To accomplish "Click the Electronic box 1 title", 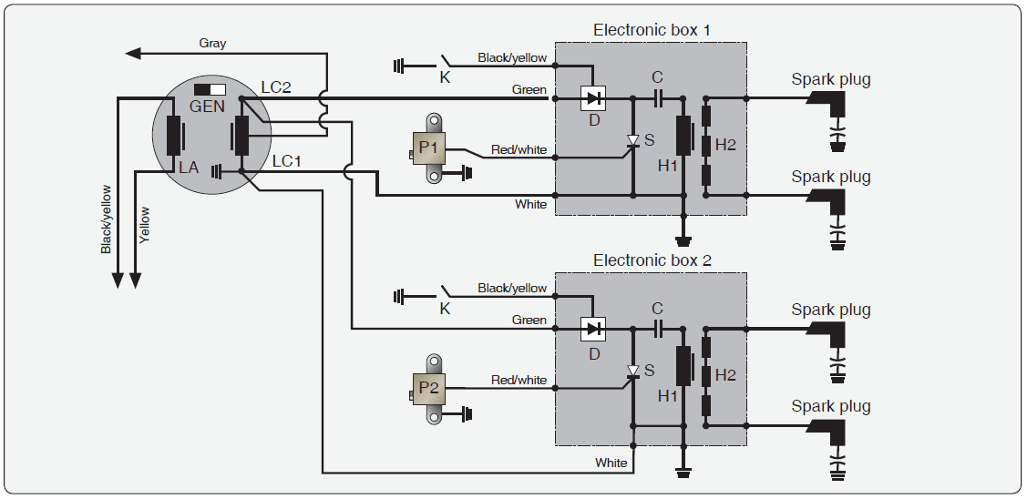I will (x=652, y=30).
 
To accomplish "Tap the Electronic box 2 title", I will (x=652, y=260).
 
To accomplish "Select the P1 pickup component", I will (x=429, y=147).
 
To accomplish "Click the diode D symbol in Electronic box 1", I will (x=594, y=97).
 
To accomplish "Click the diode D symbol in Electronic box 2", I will (x=594, y=328).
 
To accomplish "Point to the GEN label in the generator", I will (x=207, y=106).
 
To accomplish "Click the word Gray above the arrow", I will (x=212, y=43).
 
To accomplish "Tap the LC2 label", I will (x=275, y=87).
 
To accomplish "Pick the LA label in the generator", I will (x=189, y=168).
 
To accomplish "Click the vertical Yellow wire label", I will (x=145, y=224).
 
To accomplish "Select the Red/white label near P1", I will (x=519, y=149).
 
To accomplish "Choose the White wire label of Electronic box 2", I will (x=611, y=463).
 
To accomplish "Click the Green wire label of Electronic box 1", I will (x=529, y=89).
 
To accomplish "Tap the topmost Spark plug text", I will (x=830, y=79).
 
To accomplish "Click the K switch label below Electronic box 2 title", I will (x=445, y=309).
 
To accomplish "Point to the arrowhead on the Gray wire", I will (x=134, y=54).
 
